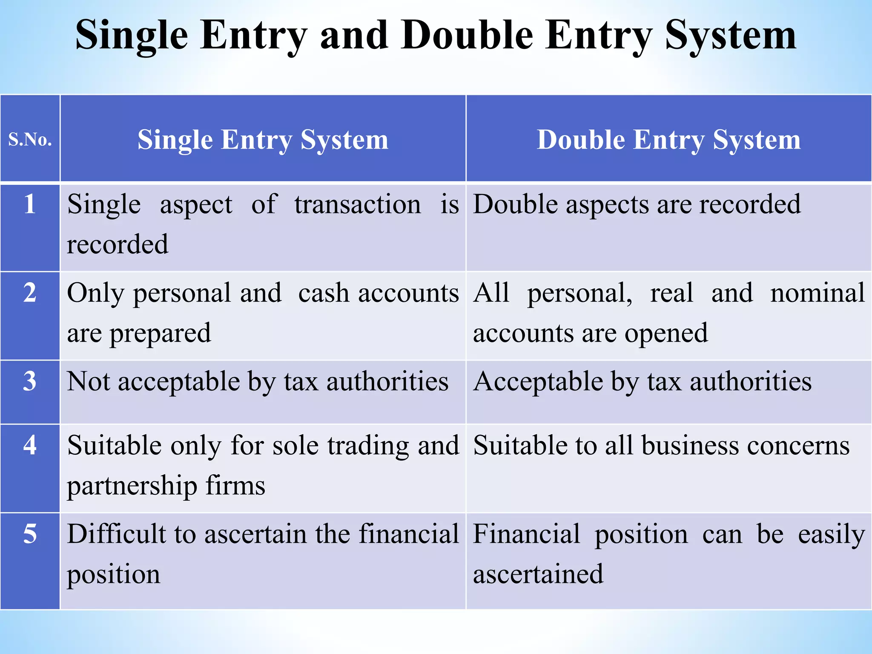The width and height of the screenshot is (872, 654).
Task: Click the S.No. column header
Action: tap(30, 139)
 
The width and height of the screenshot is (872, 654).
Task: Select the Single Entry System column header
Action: tap(263, 140)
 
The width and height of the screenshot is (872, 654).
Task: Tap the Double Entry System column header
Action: tap(668, 140)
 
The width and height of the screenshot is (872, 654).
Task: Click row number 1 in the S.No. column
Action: tap(30, 204)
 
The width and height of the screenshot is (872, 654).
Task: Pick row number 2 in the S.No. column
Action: tap(30, 293)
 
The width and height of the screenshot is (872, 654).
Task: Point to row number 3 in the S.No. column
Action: tap(30, 381)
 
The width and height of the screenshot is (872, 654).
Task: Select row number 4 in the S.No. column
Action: tap(30, 445)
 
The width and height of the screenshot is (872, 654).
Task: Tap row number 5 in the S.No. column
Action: tap(30, 534)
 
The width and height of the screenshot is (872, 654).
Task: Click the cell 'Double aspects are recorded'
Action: tap(637, 204)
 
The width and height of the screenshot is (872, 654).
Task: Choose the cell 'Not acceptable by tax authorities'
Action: tap(258, 381)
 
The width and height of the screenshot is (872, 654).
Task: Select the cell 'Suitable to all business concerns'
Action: tap(661, 445)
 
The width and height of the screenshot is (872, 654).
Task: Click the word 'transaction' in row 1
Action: tap(358, 204)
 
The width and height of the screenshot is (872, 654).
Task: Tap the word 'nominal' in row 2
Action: tap(817, 293)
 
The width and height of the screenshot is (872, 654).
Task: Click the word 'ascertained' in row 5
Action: tap(538, 574)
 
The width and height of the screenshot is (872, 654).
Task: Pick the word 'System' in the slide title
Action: tap(730, 36)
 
